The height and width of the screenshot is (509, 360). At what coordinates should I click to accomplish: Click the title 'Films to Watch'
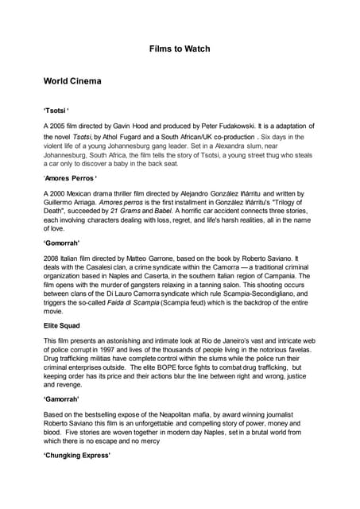[x=180, y=49]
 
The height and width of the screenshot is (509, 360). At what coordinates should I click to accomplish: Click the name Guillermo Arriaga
[x=72, y=204]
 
